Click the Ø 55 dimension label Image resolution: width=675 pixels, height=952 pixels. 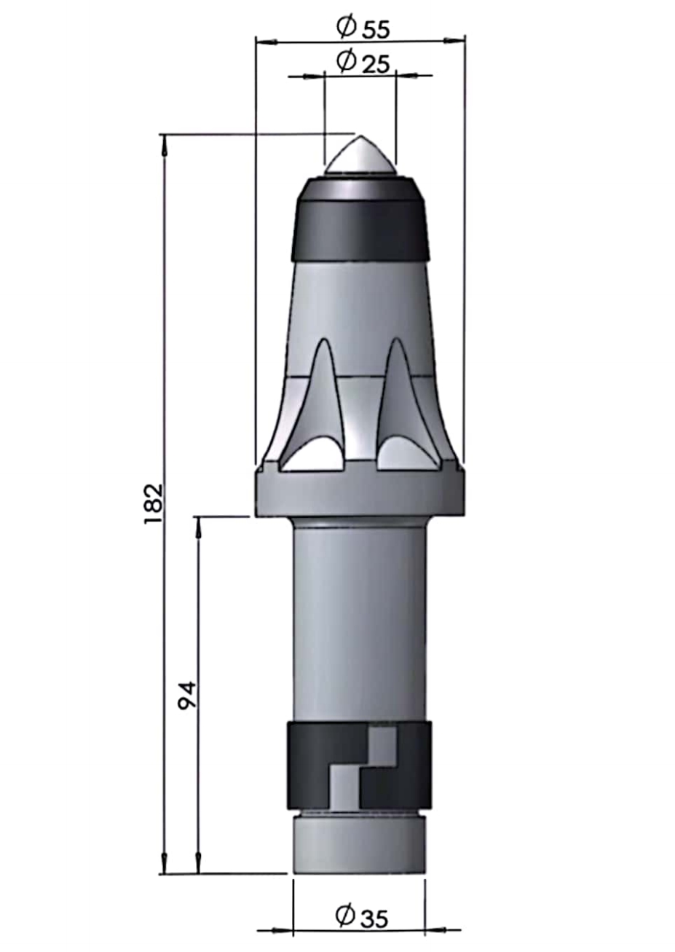click(x=363, y=28)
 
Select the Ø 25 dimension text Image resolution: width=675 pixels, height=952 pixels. click(x=363, y=63)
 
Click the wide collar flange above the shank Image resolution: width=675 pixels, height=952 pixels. click(x=360, y=493)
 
